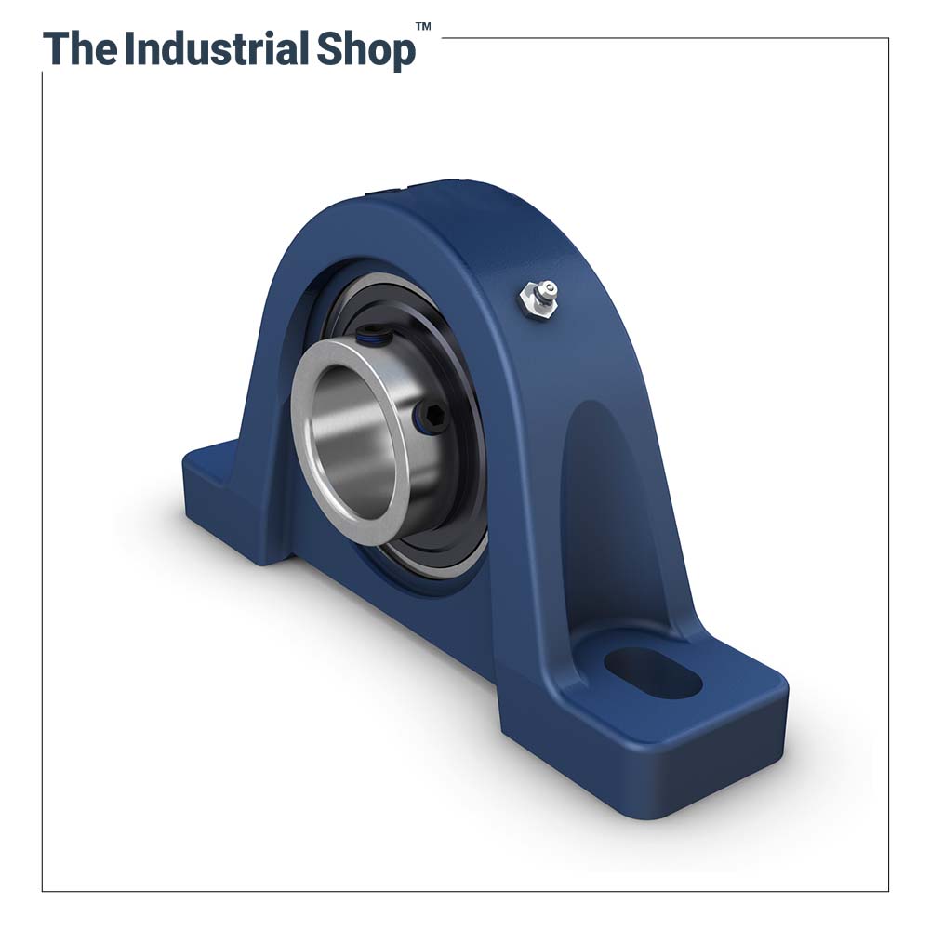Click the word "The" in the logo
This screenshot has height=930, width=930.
(x=80, y=49)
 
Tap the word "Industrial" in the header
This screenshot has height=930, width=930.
(x=216, y=49)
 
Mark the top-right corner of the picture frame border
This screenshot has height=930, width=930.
(x=888, y=38)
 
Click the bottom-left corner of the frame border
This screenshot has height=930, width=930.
(x=42, y=891)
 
